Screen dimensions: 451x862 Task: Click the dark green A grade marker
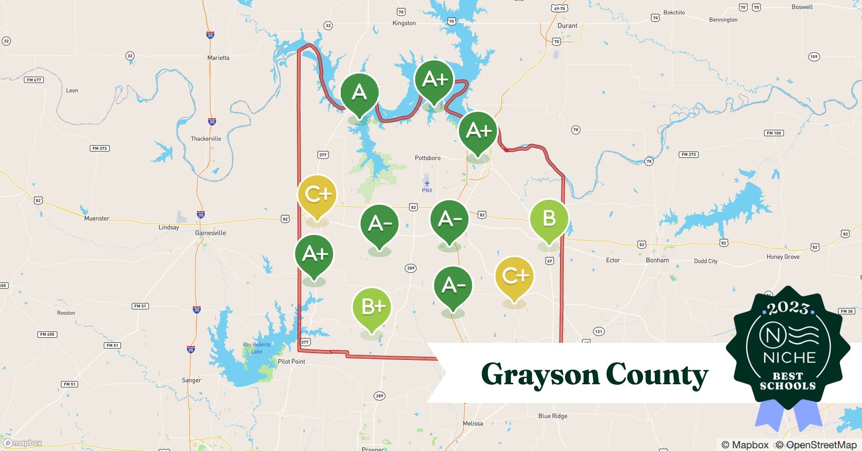pos(359,93)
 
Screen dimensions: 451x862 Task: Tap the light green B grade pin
pos(549,219)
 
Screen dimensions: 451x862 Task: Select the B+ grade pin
pos(372,308)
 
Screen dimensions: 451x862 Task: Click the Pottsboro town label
pos(427,158)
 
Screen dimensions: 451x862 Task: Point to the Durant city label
pos(567,26)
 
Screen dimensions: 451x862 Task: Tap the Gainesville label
pos(210,233)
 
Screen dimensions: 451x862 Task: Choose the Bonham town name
pos(657,260)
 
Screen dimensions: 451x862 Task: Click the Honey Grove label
pos(783,257)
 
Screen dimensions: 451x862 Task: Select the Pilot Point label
pos(292,361)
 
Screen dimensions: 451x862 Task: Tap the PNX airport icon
pos(427,183)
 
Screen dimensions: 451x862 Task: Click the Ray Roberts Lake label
pos(257,348)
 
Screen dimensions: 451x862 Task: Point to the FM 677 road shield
pos(34,80)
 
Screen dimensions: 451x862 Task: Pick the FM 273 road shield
pos(688,154)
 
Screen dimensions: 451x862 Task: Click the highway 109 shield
pos(814,57)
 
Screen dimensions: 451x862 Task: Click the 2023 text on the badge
pos(788,308)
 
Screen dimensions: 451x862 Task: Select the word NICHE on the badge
pos(789,358)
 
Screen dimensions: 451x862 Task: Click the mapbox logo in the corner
pos(23,443)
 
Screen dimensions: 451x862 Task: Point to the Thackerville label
pos(206,138)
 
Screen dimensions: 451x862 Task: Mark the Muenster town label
pos(97,218)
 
